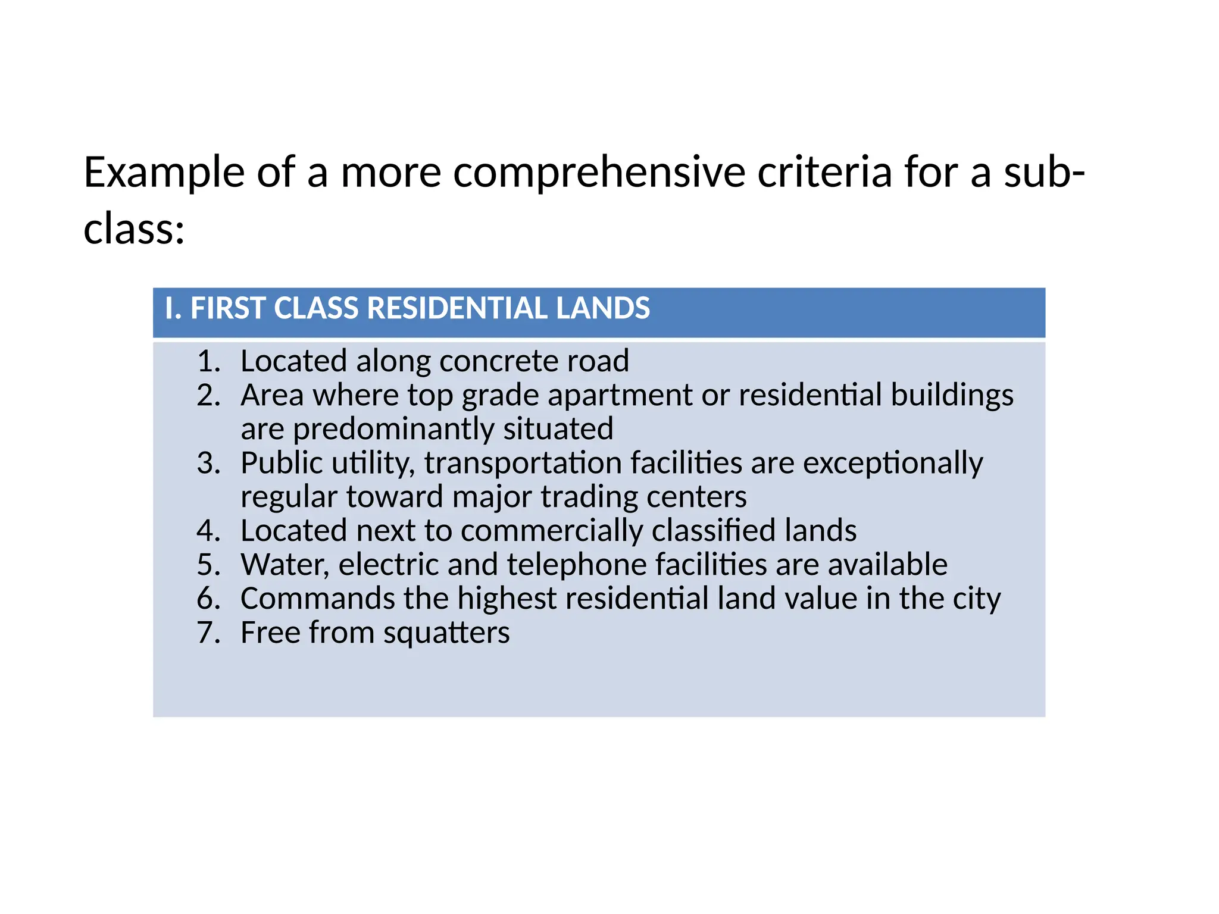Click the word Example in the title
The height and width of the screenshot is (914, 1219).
[164, 173]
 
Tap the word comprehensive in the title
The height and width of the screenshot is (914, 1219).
[599, 173]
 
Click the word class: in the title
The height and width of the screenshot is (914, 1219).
[134, 229]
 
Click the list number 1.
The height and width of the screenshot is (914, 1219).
[208, 361]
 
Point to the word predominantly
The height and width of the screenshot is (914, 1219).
[393, 430]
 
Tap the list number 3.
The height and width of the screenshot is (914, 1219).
[208, 463]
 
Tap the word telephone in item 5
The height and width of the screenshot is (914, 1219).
[576, 565]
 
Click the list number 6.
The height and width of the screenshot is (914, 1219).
[208, 599]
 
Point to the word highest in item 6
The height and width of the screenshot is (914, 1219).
[507, 599]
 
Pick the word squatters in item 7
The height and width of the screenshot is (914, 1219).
[446, 633]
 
